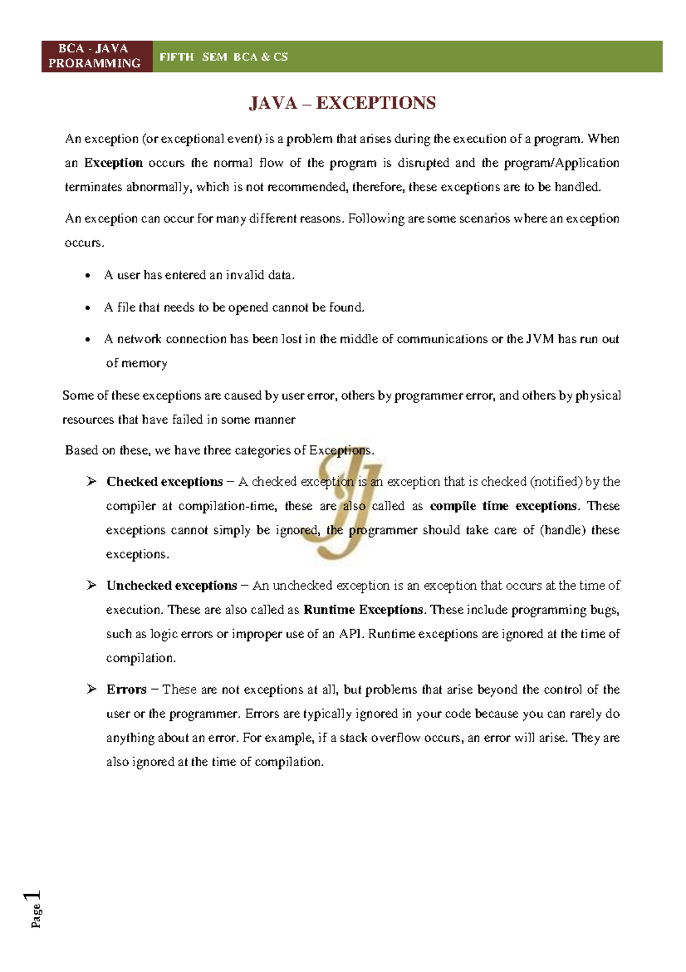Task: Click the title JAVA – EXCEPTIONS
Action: tap(342, 103)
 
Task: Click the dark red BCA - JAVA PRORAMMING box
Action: tap(95, 56)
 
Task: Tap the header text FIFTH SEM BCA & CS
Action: tap(224, 57)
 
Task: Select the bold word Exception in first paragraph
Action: tap(113, 163)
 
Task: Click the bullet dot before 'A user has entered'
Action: tap(87, 276)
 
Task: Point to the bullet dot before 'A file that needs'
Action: tap(87, 308)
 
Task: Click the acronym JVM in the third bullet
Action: tap(540, 339)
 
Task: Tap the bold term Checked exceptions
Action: tap(165, 482)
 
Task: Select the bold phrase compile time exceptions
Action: tap(503, 506)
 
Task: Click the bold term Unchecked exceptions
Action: tap(171, 586)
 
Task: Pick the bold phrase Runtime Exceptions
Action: tap(364, 610)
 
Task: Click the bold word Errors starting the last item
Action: tap(126, 690)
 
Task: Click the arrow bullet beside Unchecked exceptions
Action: tap(91, 585)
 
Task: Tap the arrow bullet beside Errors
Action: tap(91, 689)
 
